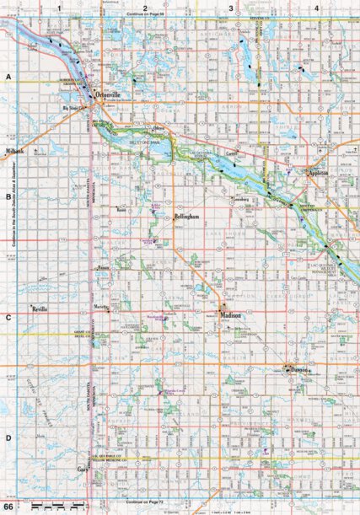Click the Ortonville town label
pos(112,95)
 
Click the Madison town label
pos(230,315)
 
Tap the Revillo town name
pos(44,310)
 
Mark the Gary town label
pos(83,468)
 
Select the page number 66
pos(8,507)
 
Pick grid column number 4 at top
pos(315,8)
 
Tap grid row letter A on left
pos(8,76)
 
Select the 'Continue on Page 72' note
pos(145,502)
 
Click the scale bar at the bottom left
pos(51,507)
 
